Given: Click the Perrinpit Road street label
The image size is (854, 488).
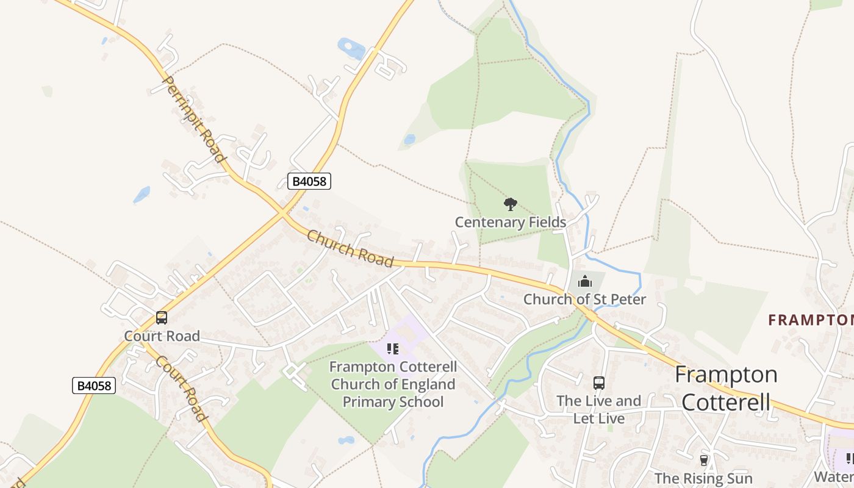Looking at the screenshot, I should [x=193, y=119].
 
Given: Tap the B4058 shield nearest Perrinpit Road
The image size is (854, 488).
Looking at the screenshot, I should [x=309, y=181].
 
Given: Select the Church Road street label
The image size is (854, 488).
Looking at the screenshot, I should [x=350, y=248].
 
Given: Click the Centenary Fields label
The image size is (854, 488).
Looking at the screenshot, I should [x=511, y=222].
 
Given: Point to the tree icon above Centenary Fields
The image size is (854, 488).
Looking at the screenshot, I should [x=511, y=204].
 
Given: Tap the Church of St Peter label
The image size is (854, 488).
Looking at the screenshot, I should [x=584, y=299].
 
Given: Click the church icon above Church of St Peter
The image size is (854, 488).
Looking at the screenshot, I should [x=584, y=281].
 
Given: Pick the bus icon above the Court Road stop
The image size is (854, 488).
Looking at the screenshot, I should [x=162, y=318].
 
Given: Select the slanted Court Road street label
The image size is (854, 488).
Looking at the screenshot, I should [x=179, y=389].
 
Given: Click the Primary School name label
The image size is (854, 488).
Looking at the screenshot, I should [x=393, y=384].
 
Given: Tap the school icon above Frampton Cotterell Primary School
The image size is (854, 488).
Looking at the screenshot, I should [x=393, y=349].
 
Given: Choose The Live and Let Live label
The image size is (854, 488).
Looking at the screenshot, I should [x=598, y=409].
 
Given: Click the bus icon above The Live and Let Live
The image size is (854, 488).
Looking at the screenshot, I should [x=599, y=383].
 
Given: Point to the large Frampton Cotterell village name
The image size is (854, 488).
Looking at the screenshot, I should [x=726, y=388].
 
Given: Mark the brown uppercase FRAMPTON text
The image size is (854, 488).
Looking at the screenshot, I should [x=811, y=320].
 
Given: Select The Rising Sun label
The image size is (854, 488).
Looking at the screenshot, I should [x=703, y=478].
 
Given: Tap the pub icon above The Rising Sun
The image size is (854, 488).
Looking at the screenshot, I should [x=704, y=460].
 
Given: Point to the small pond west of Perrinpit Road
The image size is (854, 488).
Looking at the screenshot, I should [x=142, y=195].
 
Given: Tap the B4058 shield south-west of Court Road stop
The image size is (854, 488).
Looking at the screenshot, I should [x=94, y=386].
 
